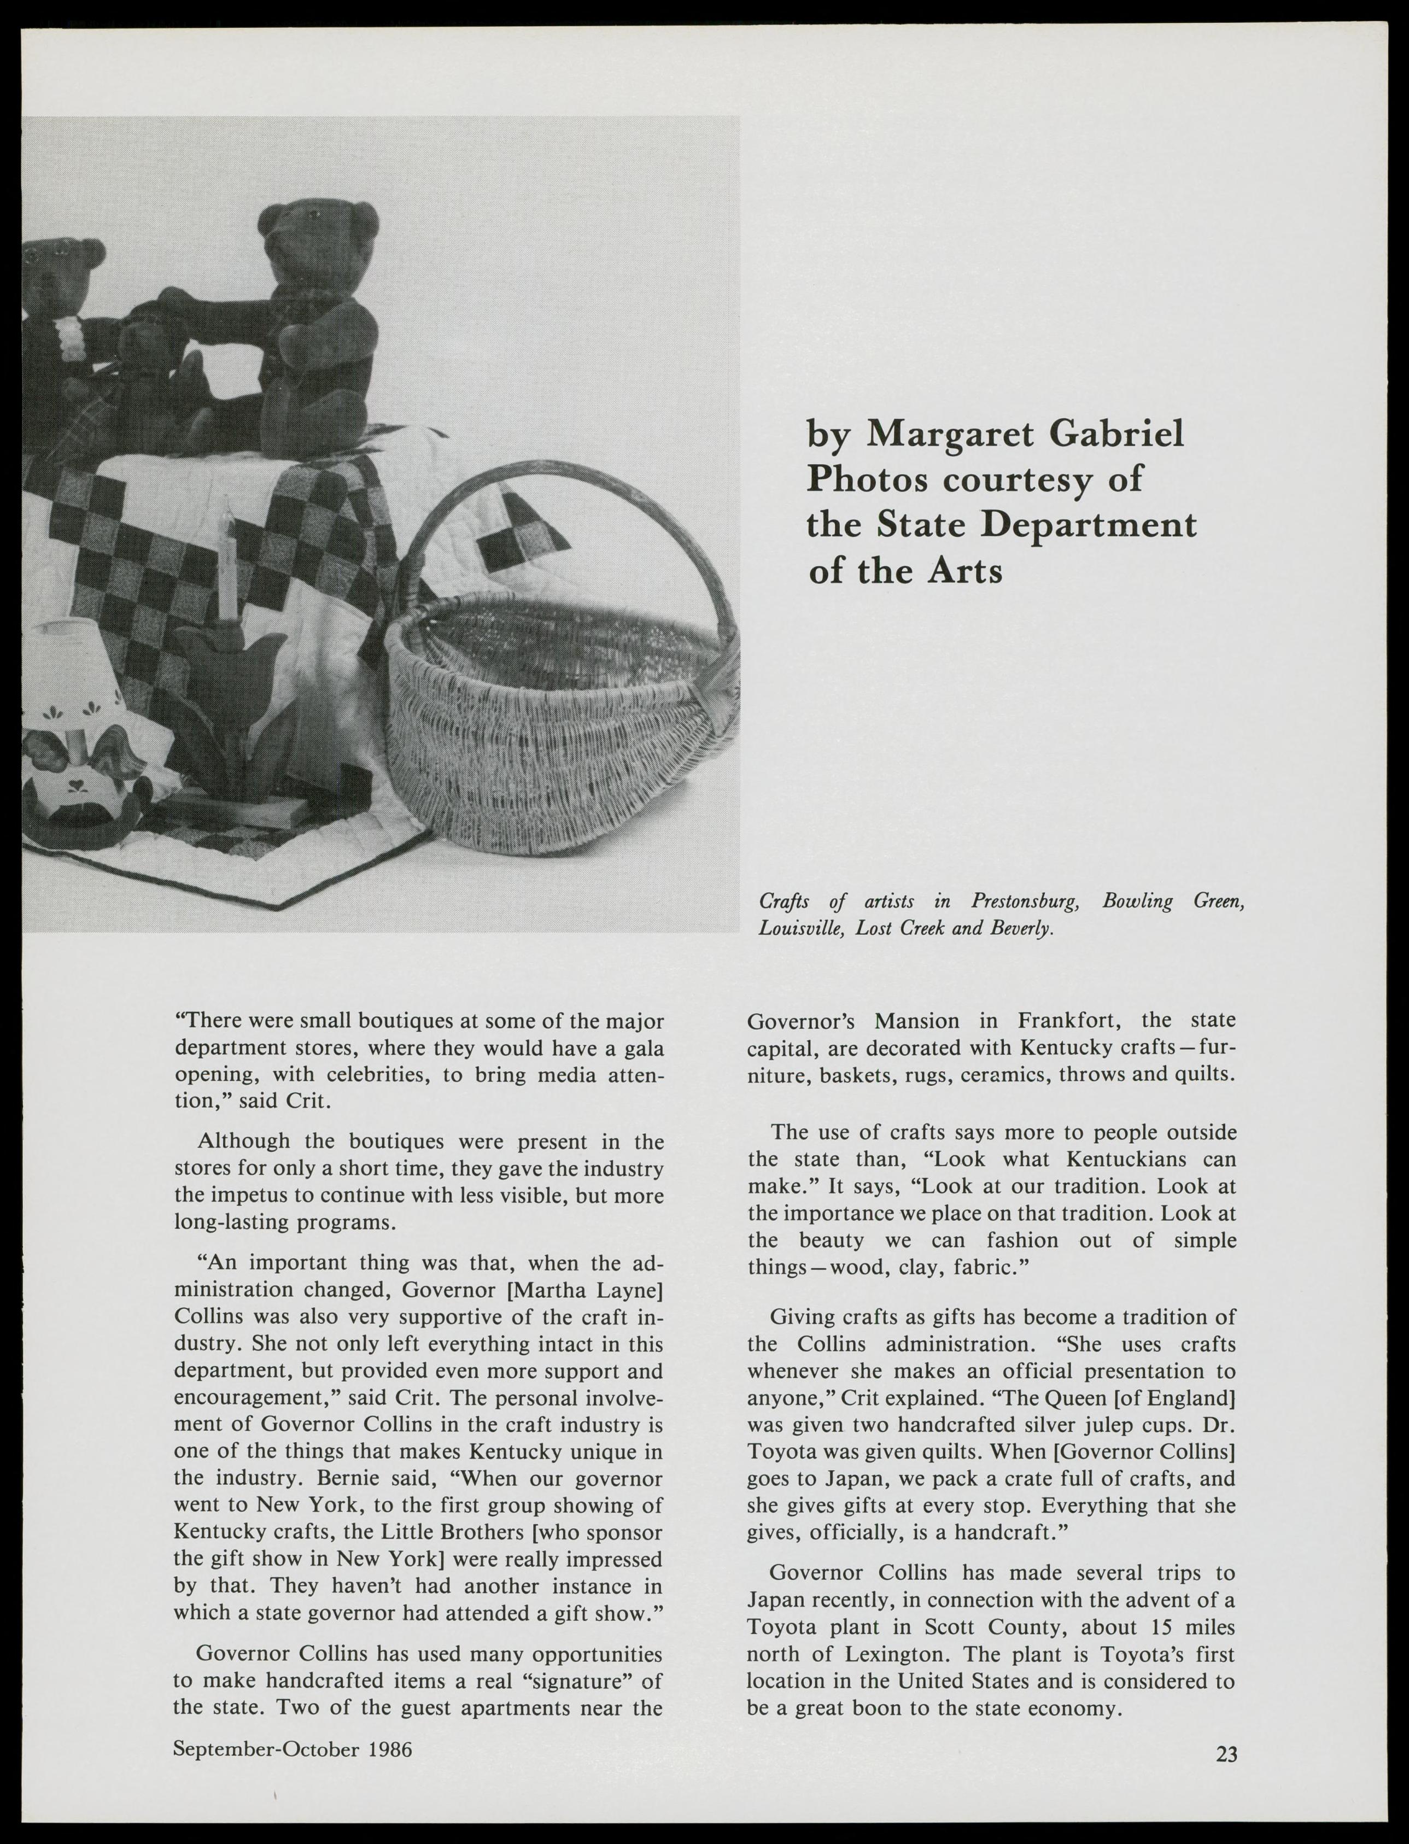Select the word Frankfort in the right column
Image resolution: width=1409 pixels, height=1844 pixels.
1065,1021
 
